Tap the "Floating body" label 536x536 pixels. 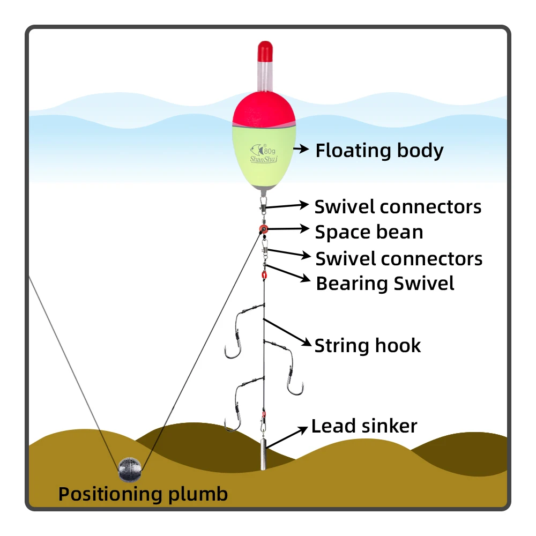[x=379, y=151]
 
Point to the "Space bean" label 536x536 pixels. [x=369, y=232]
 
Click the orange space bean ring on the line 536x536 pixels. [x=263, y=230]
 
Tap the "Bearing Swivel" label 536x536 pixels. [x=385, y=284]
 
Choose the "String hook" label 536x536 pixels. [x=368, y=345]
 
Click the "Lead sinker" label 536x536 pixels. [x=364, y=426]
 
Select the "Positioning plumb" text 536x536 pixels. [x=143, y=494]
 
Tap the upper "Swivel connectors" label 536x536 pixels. [x=398, y=206]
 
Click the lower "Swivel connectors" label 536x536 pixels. [x=399, y=258]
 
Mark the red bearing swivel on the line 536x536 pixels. [x=264, y=276]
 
